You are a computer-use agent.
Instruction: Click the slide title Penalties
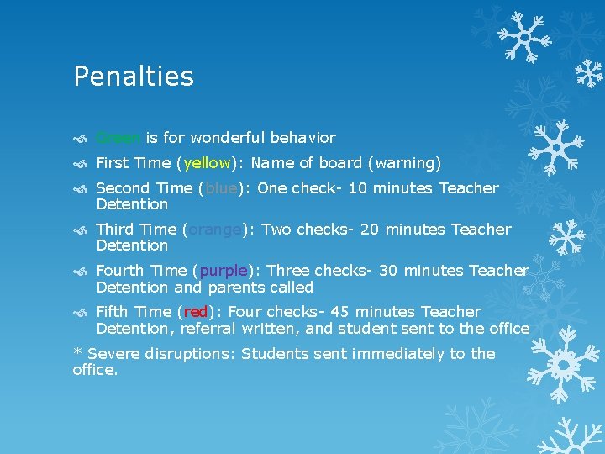click(134, 77)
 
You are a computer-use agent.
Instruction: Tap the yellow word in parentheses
click(207, 163)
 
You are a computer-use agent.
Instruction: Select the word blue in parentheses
click(221, 188)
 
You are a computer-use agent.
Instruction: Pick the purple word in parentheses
click(224, 271)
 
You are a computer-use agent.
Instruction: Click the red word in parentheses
click(196, 312)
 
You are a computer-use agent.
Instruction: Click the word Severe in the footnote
click(113, 354)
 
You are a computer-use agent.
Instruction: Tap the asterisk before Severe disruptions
click(77, 352)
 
